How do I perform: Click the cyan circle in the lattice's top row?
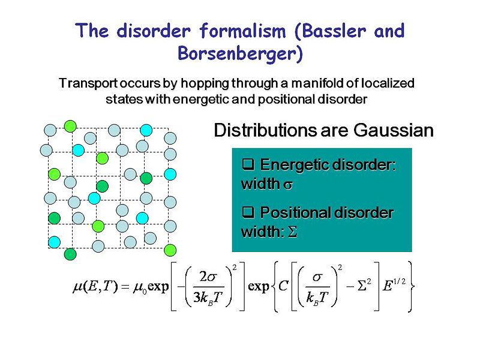tap(146, 129)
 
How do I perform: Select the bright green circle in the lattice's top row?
tap(70, 125)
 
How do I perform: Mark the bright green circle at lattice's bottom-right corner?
tap(170, 250)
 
